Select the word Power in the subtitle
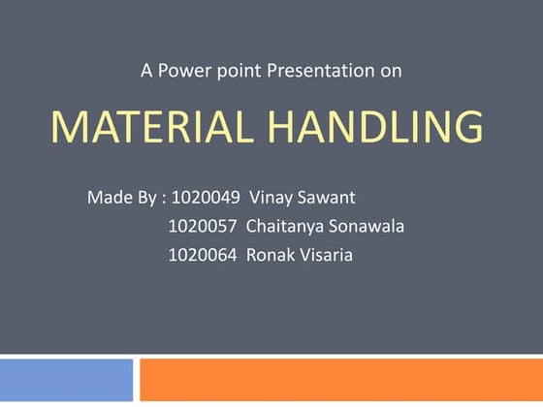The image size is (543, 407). (184, 70)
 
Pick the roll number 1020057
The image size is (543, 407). (203, 227)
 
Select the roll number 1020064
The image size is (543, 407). (203, 256)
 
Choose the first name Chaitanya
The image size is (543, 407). (289, 227)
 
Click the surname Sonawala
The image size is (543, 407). (370, 227)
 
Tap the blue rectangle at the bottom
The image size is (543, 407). (66, 379)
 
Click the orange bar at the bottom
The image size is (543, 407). (340, 379)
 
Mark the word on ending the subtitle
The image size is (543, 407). (391, 70)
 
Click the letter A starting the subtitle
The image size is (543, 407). (146, 70)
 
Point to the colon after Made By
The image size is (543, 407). (164, 200)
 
